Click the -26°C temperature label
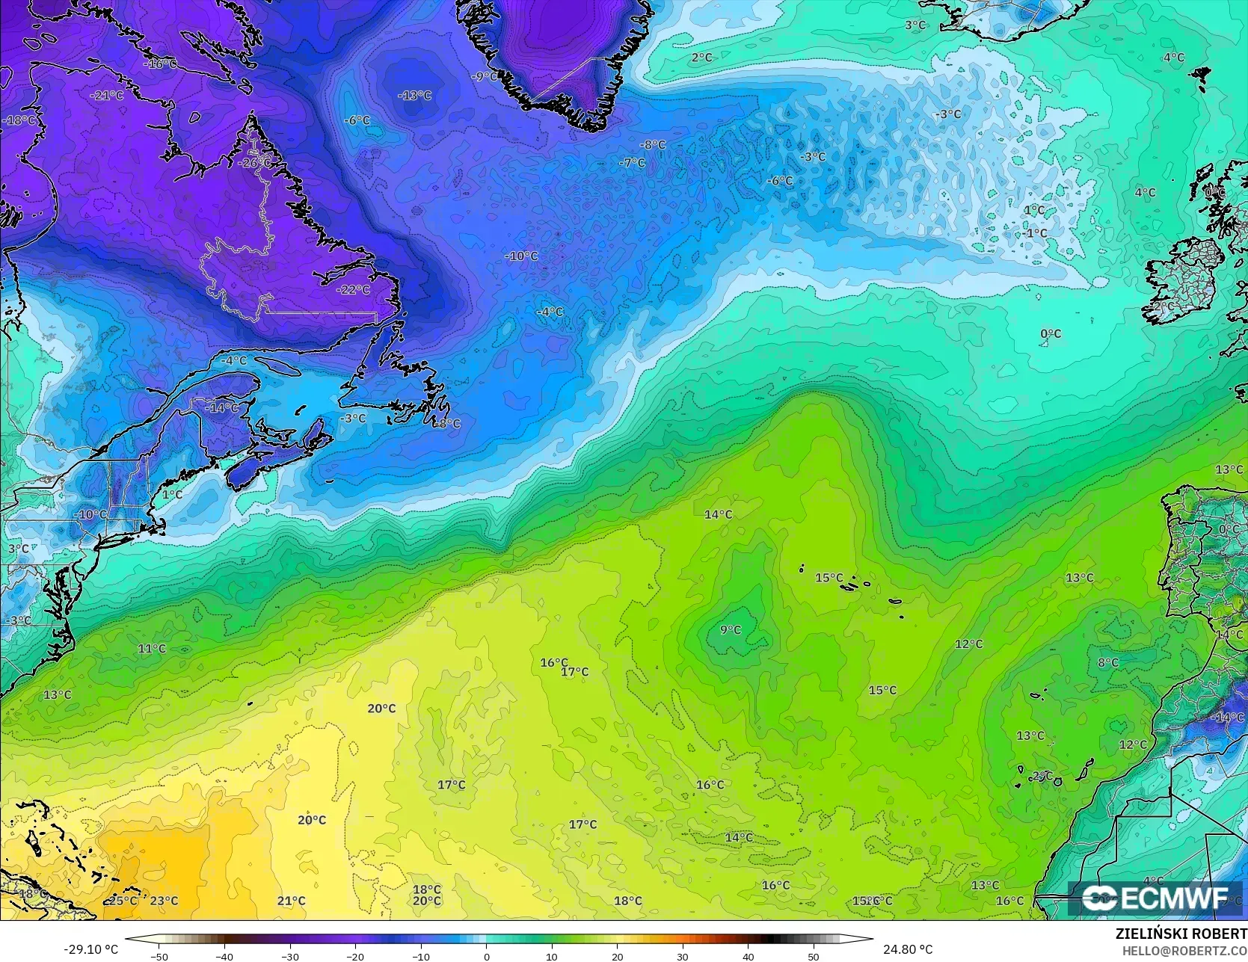[x=255, y=163]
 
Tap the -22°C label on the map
[x=354, y=290]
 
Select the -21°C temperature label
[x=107, y=96]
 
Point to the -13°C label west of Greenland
[x=415, y=96]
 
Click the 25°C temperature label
[x=123, y=901]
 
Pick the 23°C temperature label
[x=165, y=901]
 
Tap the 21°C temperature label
[x=292, y=901]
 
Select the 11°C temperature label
[x=152, y=649]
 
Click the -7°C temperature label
[x=633, y=163]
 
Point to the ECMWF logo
[x=1155, y=898]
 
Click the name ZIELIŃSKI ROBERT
[x=1181, y=934]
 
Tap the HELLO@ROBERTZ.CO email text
[x=1184, y=950]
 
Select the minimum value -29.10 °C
[x=91, y=949]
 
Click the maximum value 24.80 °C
[x=908, y=949]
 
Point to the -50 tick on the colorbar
[x=159, y=956]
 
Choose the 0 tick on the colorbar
[x=487, y=956]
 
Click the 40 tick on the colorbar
[x=749, y=956]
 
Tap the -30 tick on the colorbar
[x=290, y=956]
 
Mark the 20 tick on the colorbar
[x=618, y=956]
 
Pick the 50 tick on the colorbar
[x=814, y=956]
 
